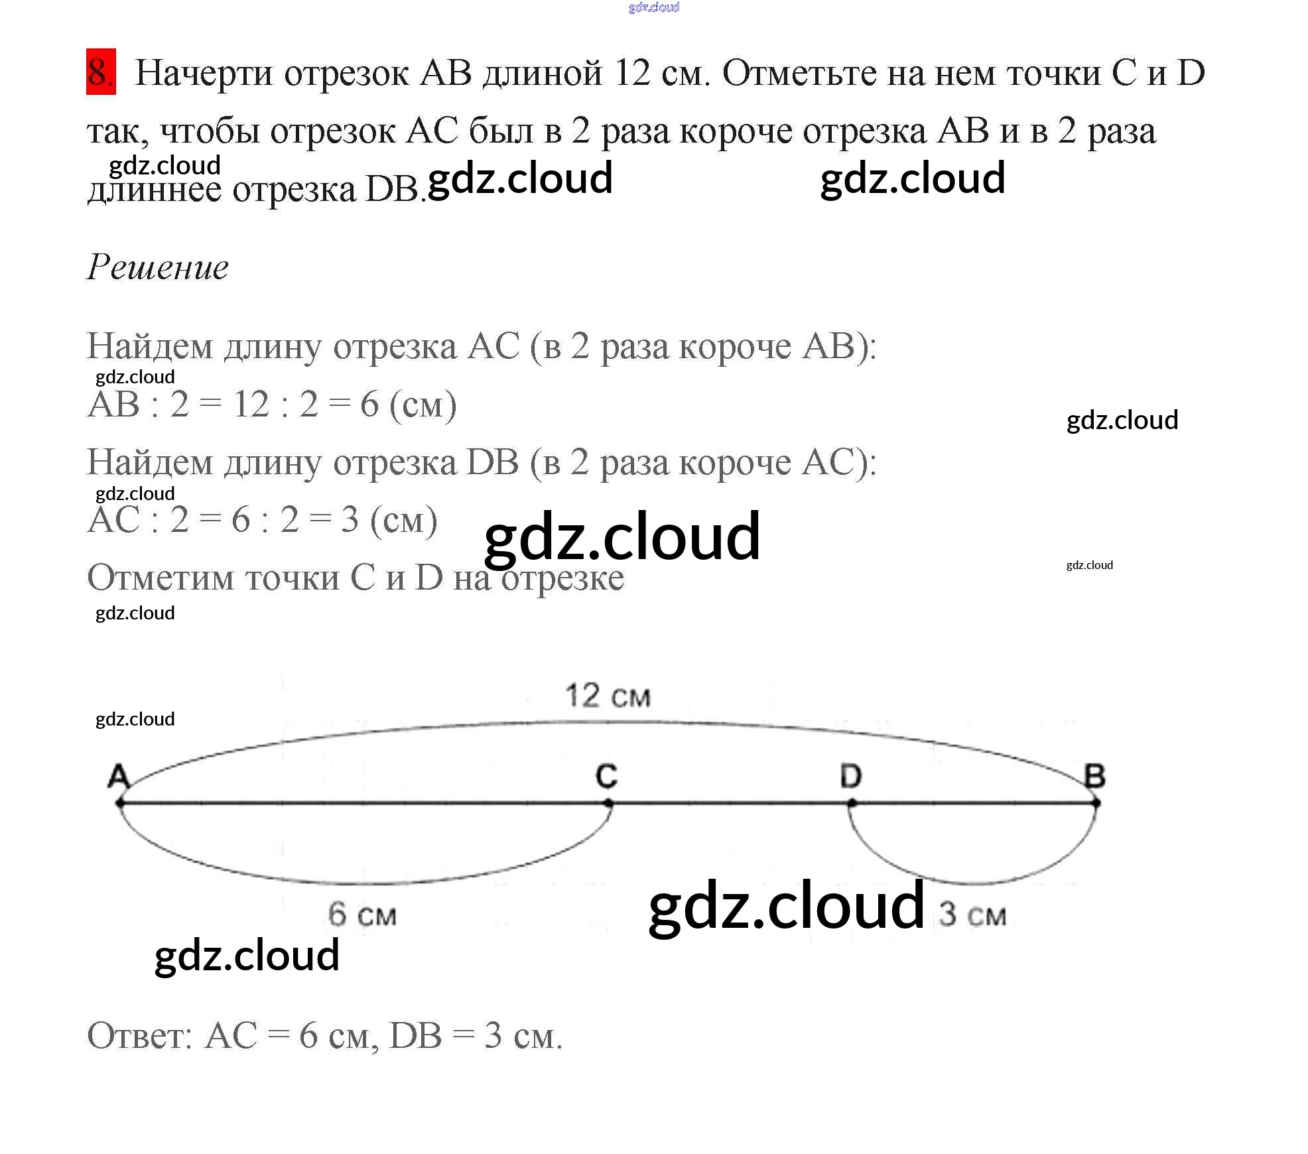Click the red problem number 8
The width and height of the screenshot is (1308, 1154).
click(x=101, y=72)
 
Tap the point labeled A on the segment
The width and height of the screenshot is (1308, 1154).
click(x=120, y=803)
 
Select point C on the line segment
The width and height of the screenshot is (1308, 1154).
click(x=609, y=803)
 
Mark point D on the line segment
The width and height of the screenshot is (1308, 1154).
click(x=852, y=803)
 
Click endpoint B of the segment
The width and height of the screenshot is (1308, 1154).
click(x=1096, y=803)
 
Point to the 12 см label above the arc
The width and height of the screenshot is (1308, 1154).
click(x=608, y=696)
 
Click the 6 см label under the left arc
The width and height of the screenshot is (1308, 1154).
click(x=362, y=915)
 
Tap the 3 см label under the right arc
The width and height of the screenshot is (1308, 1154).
click(x=972, y=915)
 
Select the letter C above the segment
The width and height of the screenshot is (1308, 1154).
click(x=606, y=775)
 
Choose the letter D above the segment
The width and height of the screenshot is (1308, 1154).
click(x=851, y=775)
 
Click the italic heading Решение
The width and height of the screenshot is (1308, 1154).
click(x=158, y=267)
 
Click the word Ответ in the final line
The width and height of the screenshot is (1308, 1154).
click(x=140, y=1035)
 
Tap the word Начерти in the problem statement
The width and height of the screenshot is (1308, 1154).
click(x=204, y=73)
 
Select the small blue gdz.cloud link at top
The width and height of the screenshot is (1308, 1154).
click(x=654, y=8)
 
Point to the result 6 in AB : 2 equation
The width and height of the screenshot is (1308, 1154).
click(x=369, y=404)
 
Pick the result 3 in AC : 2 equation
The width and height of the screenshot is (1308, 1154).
click(x=350, y=520)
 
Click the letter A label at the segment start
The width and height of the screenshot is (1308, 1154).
click(x=118, y=776)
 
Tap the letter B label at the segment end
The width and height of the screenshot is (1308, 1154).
click(x=1094, y=775)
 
